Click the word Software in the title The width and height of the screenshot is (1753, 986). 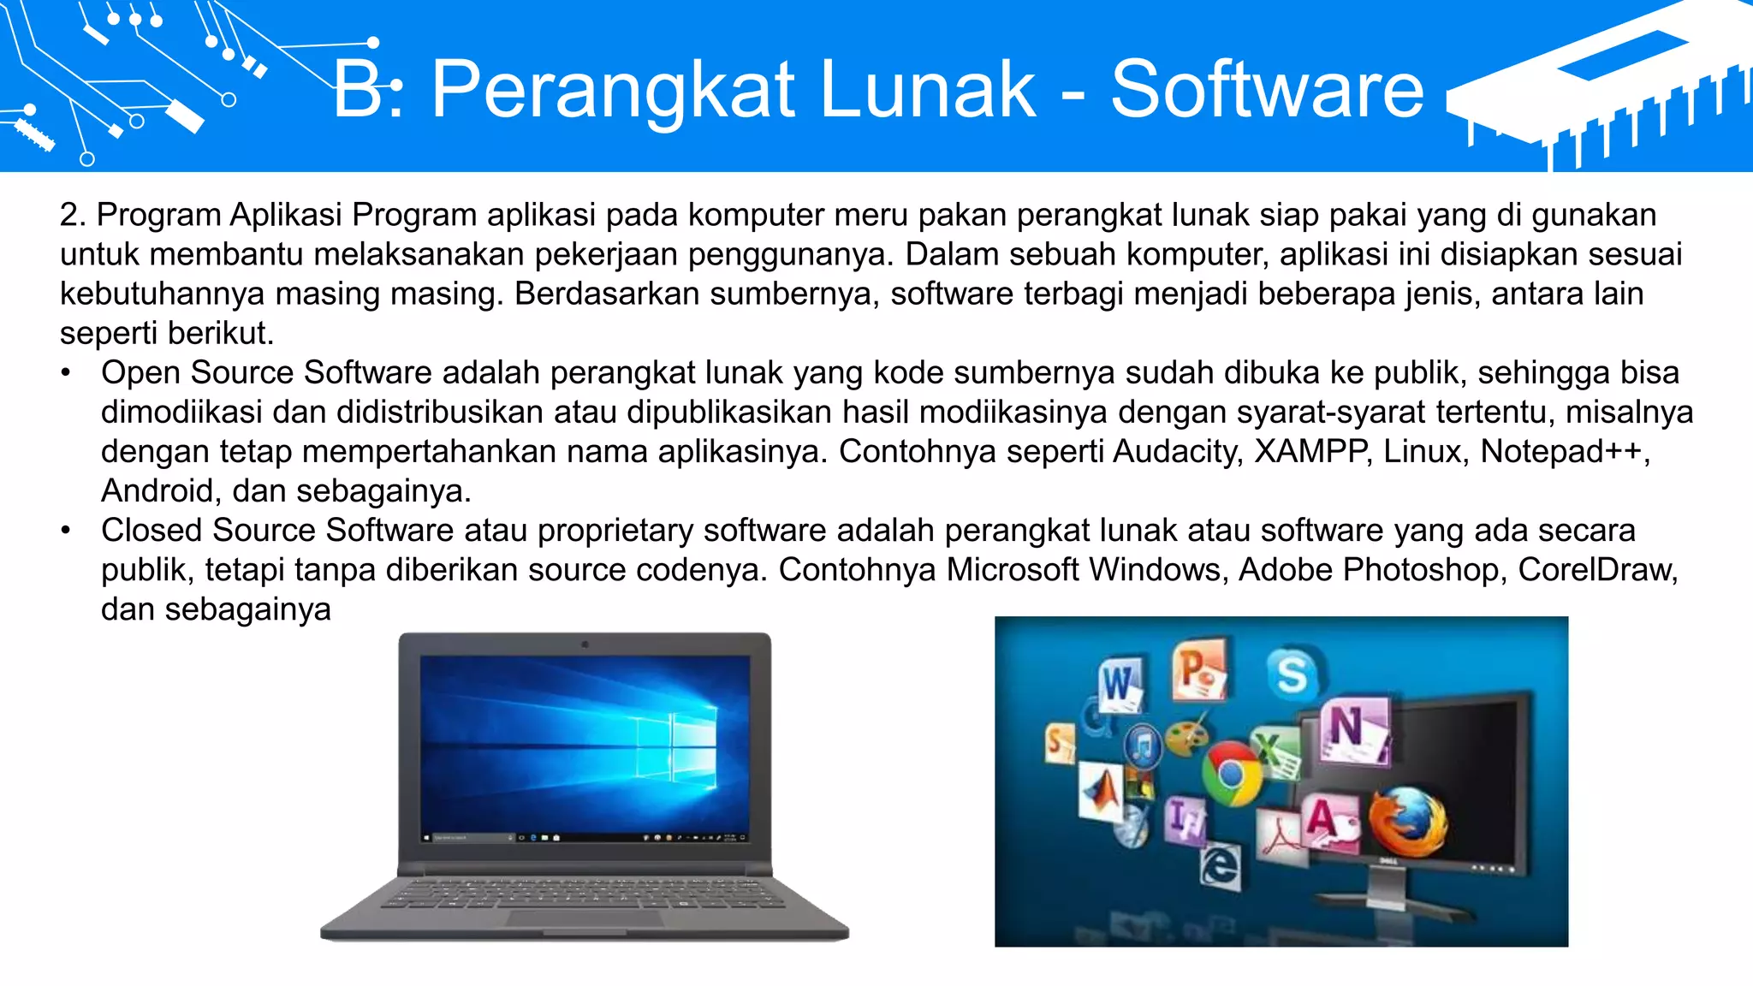click(x=1267, y=89)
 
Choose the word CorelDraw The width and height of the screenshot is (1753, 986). click(x=1596, y=570)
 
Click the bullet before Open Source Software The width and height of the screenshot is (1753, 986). click(x=66, y=373)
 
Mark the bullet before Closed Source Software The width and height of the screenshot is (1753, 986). click(x=66, y=531)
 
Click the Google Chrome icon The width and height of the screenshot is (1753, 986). click(x=1231, y=774)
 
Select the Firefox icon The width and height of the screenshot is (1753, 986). click(x=1406, y=822)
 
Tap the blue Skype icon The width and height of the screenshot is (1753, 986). click(x=1292, y=673)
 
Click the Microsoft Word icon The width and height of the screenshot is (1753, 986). click(x=1120, y=684)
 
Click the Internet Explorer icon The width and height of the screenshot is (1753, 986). click(x=1219, y=867)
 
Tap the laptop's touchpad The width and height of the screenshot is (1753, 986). click(x=585, y=918)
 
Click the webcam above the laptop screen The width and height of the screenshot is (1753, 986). click(x=585, y=644)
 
